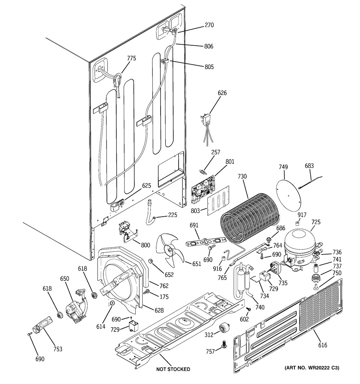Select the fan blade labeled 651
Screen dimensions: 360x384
pyautogui.click(x=170, y=250)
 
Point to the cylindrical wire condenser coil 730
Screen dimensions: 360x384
pyautogui.click(x=250, y=220)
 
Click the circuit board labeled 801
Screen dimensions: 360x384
pyautogui.click(x=203, y=190)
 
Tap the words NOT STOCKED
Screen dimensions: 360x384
pyautogui.click(x=173, y=369)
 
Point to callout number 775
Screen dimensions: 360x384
pyautogui.click(x=131, y=58)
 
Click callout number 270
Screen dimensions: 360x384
pyautogui.click(x=209, y=25)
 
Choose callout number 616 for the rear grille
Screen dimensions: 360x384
pyautogui.click(x=323, y=345)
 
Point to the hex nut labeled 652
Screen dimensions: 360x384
pyautogui.click(x=151, y=261)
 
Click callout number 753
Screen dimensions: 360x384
pyautogui.click(x=58, y=349)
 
